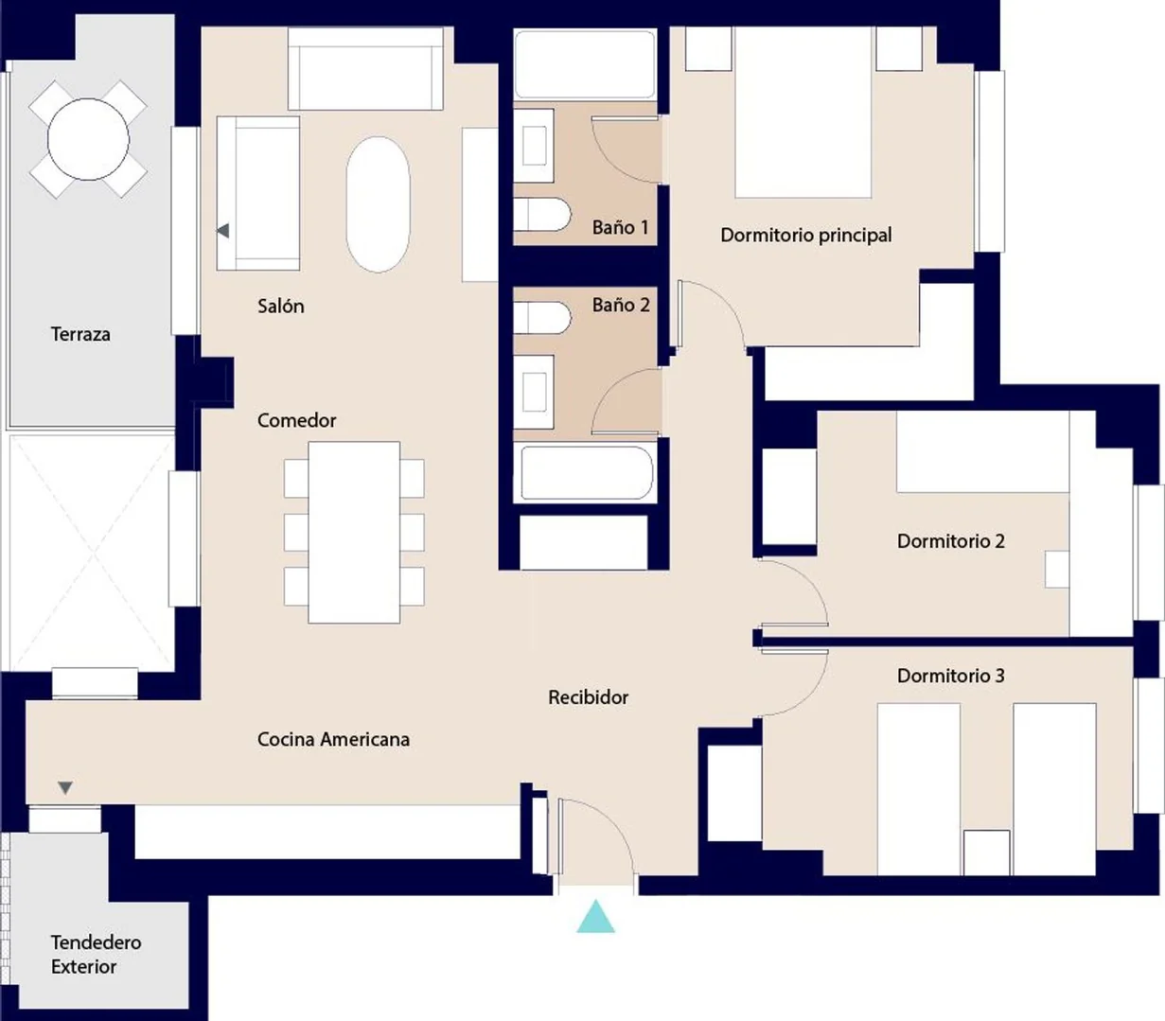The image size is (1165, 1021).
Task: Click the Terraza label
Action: coord(80,334)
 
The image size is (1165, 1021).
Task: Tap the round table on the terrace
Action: coord(88,139)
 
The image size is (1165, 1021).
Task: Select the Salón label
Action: coord(281,306)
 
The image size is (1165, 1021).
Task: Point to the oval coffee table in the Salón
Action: coord(378,204)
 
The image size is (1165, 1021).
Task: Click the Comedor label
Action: coord(297,420)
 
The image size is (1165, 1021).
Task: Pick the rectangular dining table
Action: coord(354,533)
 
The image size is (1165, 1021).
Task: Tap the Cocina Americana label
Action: coord(333,739)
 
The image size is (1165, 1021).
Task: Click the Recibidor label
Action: coord(589,697)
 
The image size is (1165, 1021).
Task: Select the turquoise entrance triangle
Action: coord(595,916)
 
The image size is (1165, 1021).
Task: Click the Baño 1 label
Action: coord(621,228)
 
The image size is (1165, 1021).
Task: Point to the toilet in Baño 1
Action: coord(541,215)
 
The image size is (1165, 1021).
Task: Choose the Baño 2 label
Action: coord(621,305)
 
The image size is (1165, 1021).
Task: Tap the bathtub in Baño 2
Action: coord(587,472)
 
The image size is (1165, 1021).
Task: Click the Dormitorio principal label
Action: coord(806,235)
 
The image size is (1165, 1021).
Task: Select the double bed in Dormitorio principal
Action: coord(803,112)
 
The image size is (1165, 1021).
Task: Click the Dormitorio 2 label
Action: coord(951,541)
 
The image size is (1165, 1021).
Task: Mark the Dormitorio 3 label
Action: coord(951,676)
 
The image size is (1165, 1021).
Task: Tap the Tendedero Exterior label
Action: coord(96,955)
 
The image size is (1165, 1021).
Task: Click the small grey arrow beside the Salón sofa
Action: coord(223,231)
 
